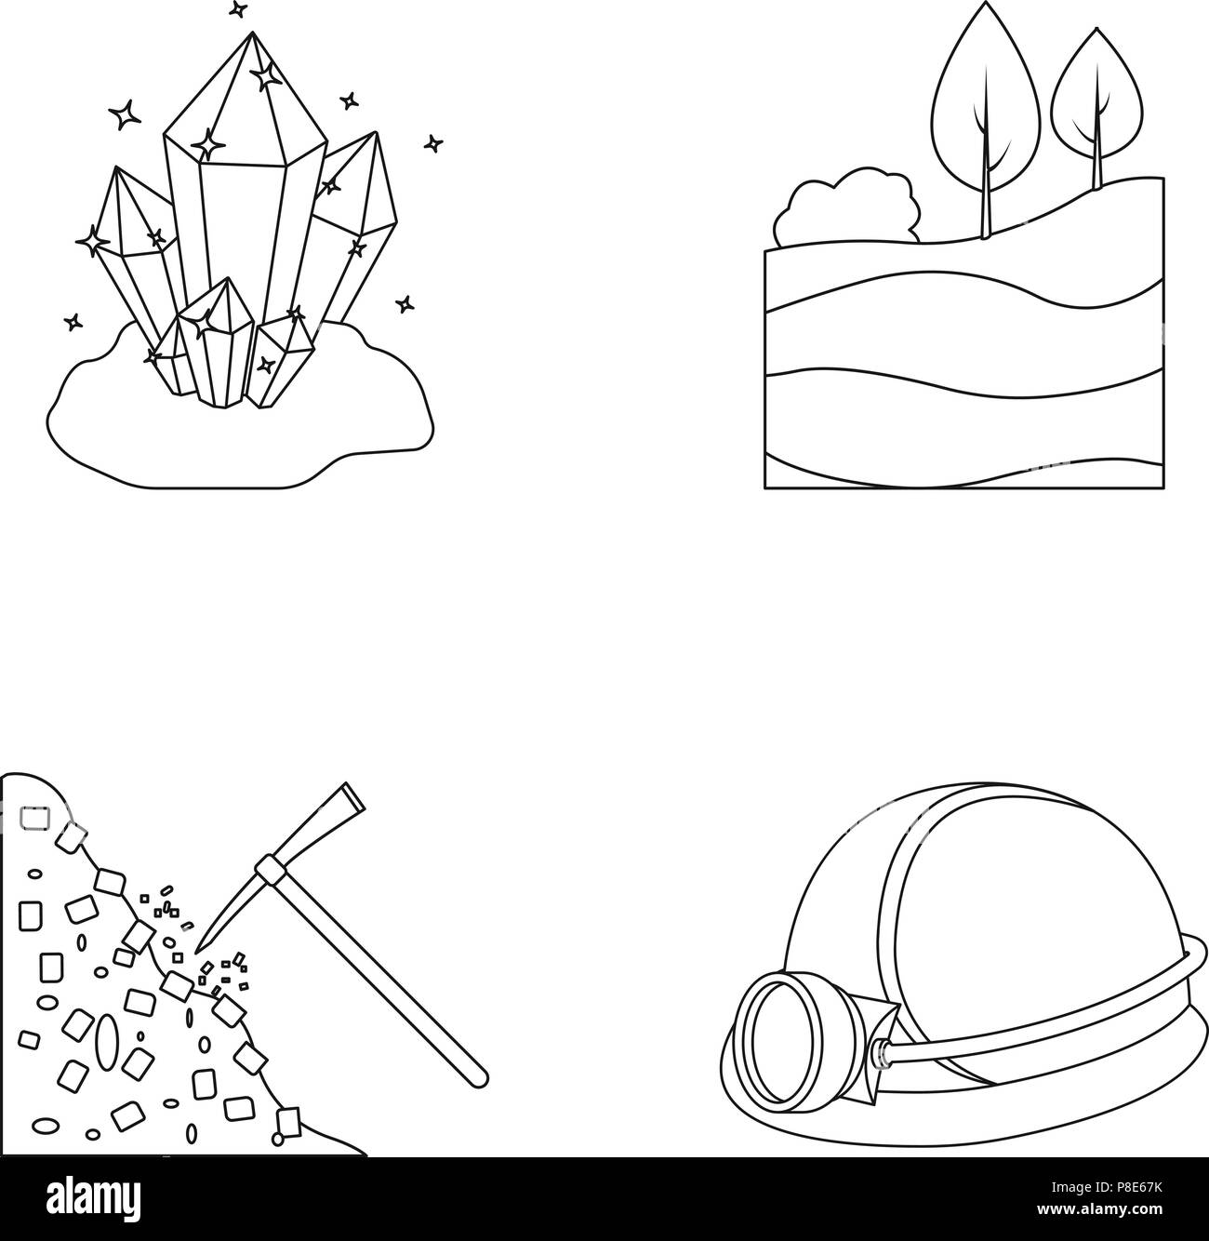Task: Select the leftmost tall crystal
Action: (137, 255)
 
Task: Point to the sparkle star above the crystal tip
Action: (238, 9)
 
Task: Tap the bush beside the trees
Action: (847, 207)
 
